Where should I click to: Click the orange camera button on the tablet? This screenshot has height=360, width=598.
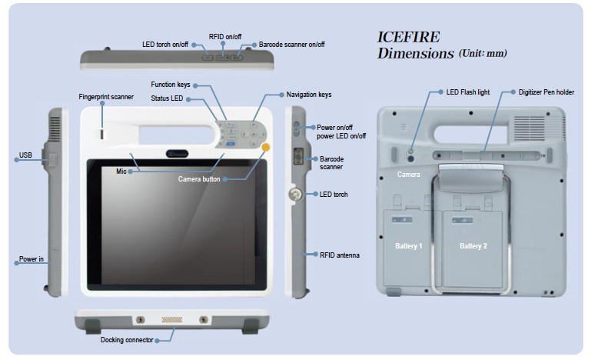tap(266, 148)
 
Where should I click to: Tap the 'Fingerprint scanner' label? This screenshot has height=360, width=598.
tap(106, 97)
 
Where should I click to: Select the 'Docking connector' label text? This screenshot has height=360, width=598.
tap(127, 339)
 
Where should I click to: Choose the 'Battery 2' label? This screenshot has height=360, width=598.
tap(474, 245)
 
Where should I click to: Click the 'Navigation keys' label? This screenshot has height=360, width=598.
tap(309, 95)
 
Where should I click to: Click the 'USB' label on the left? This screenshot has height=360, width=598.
tap(24, 156)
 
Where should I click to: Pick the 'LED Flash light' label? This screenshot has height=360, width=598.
tap(468, 92)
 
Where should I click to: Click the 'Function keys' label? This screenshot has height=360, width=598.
tap(170, 85)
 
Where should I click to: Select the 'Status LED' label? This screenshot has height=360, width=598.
tap(168, 99)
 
